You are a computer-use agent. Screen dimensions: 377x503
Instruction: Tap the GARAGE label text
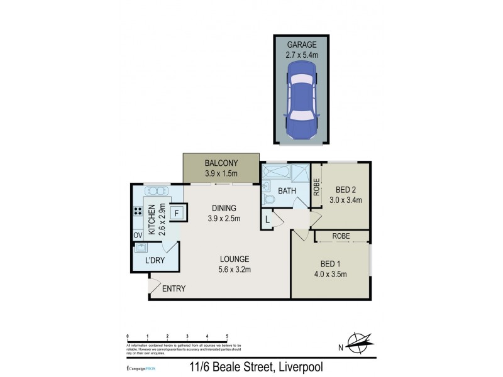[302, 44]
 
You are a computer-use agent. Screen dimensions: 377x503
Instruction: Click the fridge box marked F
[177, 212]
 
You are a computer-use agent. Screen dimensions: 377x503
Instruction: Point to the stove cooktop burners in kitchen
[138, 212]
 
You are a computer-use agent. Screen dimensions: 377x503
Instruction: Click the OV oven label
[137, 235]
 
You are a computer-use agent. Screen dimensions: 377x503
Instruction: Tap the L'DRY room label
[155, 260]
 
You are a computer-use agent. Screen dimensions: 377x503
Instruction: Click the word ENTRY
[174, 289]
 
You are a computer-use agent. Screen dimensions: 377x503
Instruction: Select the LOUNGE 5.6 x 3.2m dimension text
[235, 271]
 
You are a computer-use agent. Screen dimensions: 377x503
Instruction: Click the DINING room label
[223, 208]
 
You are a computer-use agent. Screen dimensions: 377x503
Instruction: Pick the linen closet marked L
[267, 219]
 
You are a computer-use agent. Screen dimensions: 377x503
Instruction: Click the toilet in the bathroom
[268, 199]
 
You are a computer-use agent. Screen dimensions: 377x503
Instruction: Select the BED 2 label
[345, 190]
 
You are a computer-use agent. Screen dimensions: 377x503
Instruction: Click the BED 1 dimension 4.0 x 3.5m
[331, 274]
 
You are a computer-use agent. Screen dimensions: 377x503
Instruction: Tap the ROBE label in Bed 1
[341, 236]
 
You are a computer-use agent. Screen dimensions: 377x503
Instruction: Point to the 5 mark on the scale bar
[227, 337]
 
